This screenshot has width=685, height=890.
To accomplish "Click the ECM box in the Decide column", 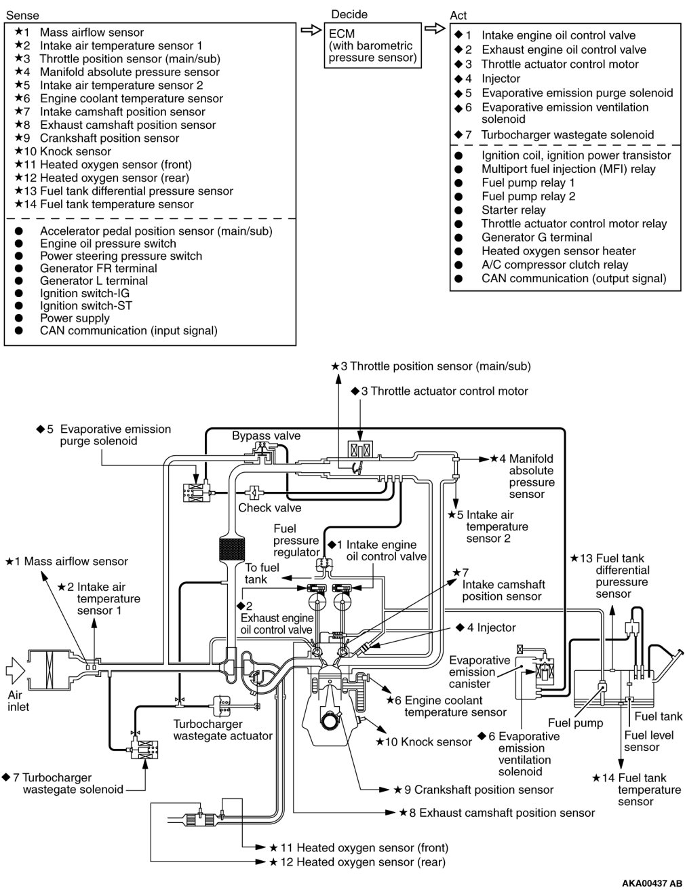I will (x=372, y=45).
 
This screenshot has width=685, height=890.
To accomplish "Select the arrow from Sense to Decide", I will (x=309, y=31).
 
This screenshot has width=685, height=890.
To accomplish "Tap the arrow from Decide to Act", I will (x=434, y=31).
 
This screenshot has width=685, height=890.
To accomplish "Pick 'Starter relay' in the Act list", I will (x=513, y=210).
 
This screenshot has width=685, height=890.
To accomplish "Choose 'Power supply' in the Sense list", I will (x=75, y=318).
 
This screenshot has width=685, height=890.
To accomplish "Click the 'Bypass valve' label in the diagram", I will (x=266, y=436).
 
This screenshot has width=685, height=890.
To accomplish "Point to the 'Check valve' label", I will (x=269, y=507).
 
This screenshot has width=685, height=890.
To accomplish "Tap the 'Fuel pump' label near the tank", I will (x=575, y=723).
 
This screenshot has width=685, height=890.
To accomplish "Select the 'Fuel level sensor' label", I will (x=642, y=741).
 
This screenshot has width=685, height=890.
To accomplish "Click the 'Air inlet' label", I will (x=18, y=701).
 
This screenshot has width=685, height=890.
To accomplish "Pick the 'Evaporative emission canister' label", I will (x=480, y=672).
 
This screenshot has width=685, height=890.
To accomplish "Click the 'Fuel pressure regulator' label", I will (x=296, y=540).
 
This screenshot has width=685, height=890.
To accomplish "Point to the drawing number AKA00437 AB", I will (x=652, y=883).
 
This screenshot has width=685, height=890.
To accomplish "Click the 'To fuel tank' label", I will (x=262, y=573).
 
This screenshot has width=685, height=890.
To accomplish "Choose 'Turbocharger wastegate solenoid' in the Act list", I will (x=568, y=134).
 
